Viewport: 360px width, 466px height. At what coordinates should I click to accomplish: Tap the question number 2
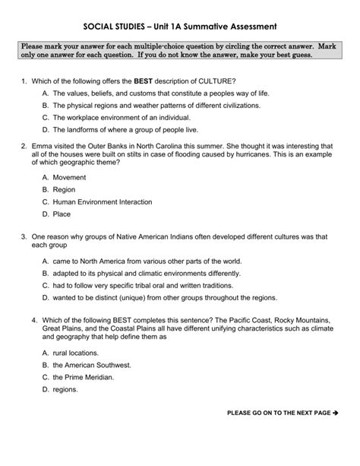24,144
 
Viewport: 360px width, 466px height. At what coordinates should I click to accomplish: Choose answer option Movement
69,176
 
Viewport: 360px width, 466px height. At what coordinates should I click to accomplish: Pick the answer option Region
65,189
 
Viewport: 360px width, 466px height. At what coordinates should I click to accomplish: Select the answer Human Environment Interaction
102,202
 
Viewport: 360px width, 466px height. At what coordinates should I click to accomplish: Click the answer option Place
63,215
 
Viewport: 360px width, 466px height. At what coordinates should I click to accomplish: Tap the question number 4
24,319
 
